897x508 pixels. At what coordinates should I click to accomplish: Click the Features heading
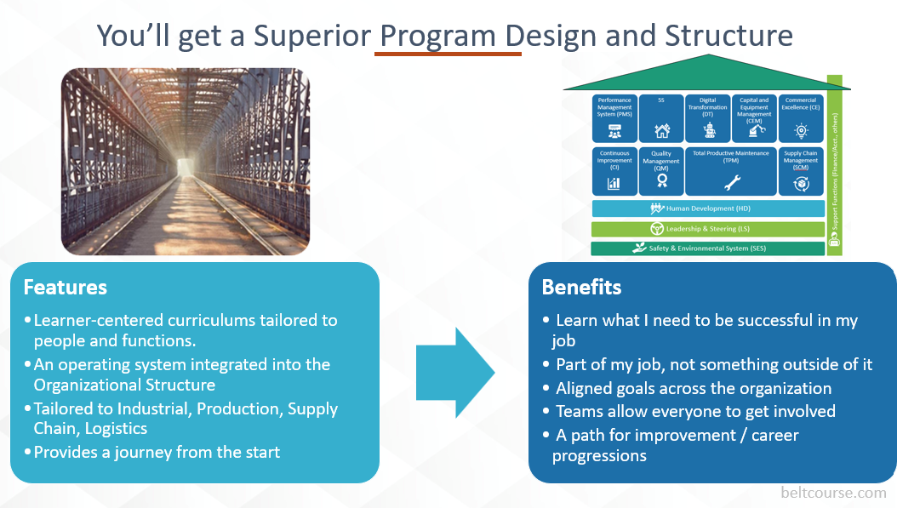tap(66, 288)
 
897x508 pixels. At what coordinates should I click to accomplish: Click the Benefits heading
tap(581, 287)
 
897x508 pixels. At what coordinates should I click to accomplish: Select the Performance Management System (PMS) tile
tap(614, 117)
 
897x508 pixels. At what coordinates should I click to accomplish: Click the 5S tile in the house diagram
tap(661, 117)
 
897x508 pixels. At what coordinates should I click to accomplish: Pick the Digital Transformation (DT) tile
tap(707, 117)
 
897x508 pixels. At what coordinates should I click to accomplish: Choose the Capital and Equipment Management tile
tap(754, 117)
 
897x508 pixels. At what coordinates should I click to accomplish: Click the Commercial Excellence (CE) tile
tap(801, 117)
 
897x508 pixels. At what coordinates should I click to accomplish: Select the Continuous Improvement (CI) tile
tap(614, 171)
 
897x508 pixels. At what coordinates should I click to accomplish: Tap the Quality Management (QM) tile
tap(661, 171)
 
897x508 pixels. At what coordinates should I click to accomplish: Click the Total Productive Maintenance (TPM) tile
tap(731, 171)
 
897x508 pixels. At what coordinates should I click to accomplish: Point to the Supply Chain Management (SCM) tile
tap(801, 171)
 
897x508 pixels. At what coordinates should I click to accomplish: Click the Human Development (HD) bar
tap(708, 208)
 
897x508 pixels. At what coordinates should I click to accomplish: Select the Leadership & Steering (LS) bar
tap(708, 229)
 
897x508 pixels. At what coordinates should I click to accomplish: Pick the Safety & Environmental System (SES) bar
tap(708, 248)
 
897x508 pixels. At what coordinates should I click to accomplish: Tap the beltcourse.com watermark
tap(833, 492)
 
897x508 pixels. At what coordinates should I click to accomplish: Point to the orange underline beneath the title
tap(448, 54)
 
